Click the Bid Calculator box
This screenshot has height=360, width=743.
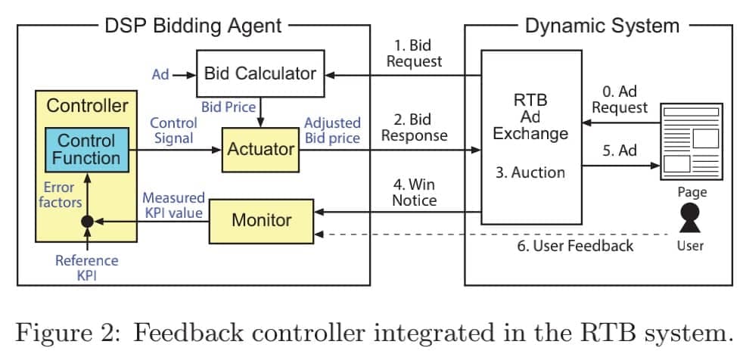click(260, 73)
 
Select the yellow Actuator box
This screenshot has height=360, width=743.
click(260, 149)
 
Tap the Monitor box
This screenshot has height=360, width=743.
click(261, 220)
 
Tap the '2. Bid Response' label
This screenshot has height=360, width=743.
click(414, 127)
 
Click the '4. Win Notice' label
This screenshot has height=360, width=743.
click(414, 192)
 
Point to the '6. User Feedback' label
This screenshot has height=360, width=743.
click(575, 246)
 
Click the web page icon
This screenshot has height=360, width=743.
click(691, 141)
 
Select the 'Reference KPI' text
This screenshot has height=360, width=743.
click(87, 268)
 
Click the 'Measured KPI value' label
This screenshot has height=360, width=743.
click(173, 205)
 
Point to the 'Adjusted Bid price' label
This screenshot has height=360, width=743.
click(332, 130)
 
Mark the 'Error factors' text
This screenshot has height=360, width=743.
click(60, 194)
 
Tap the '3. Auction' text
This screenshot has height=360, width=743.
click(530, 172)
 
